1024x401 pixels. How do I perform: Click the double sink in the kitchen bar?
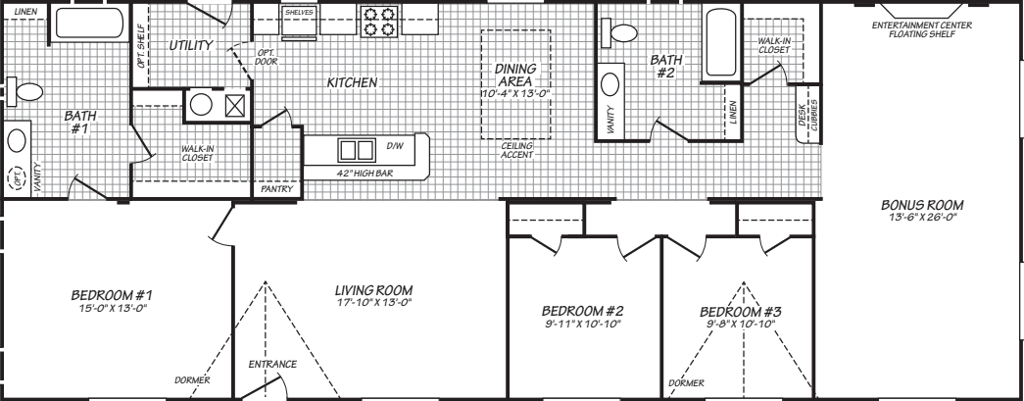357,150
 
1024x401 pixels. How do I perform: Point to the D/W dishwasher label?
395,147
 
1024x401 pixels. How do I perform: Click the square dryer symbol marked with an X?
236,106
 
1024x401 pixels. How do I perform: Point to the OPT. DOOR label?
266,56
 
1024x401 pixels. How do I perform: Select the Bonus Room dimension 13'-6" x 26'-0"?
922,218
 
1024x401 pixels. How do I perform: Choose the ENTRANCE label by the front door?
271,365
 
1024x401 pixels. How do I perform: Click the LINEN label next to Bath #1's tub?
26,10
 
